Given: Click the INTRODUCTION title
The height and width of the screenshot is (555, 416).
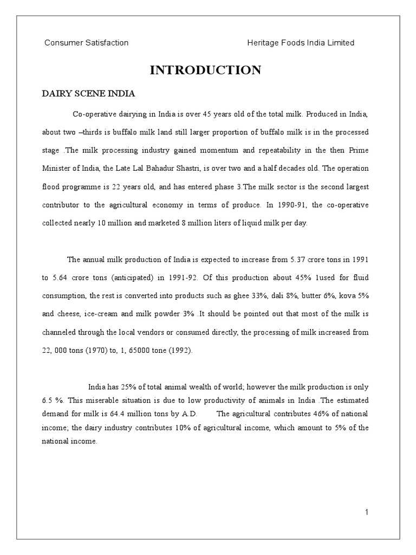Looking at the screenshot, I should pyautogui.click(x=205, y=70).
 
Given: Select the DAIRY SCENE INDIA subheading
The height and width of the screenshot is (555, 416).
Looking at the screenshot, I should pyautogui.click(x=89, y=93).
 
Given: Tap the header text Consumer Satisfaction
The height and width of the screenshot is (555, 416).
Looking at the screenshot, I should pyautogui.click(x=86, y=43).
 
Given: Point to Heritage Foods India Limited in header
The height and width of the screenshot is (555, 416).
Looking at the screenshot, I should pyautogui.click(x=301, y=43).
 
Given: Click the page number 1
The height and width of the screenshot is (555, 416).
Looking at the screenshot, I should pyautogui.click(x=367, y=512).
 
